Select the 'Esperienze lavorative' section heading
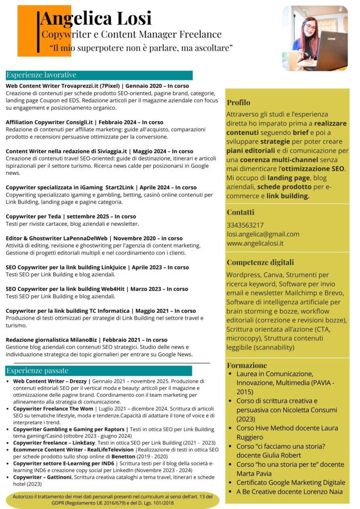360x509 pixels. coord(41,75)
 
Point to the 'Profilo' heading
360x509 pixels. coord(239,102)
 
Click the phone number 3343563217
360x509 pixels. coord(245,225)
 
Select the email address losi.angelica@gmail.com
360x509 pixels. coord(263,234)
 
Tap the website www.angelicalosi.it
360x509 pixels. coord(255,243)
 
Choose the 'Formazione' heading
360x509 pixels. coord(247,365)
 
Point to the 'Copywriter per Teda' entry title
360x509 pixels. coord(71,217)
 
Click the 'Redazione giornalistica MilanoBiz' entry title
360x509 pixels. coord(87,340)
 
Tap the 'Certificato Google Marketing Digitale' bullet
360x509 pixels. coord(291,482)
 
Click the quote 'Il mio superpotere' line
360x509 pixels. coord(141,48)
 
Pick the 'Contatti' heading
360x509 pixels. coord(240,212)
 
